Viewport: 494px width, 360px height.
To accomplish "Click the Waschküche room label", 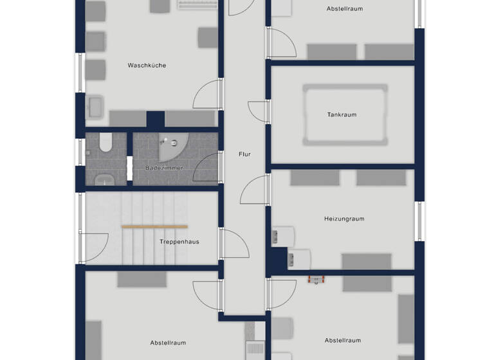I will click(x=147, y=65).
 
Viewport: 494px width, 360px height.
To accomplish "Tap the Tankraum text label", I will click(x=342, y=114).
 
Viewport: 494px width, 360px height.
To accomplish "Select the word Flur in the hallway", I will click(x=244, y=154).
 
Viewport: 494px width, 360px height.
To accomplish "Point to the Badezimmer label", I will click(x=164, y=168).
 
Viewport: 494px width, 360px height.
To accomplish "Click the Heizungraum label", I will click(x=344, y=219).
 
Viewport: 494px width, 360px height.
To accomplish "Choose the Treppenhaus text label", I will click(x=179, y=242).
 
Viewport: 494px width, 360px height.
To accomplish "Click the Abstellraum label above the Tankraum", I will click(x=345, y=8).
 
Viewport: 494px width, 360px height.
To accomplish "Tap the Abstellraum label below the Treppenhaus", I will click(x=169, y=343).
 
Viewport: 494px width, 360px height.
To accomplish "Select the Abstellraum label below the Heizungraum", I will click(x=343, y=340).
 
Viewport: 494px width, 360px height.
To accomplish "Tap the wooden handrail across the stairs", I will click(x=154, y=226).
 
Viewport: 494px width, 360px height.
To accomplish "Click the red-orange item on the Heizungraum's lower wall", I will click(x=316, y=278).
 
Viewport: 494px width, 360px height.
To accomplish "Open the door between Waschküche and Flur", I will click(x=207, y=94).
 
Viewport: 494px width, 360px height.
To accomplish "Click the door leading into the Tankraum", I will click(x=259, y=111).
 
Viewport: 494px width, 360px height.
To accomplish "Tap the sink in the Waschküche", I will click(x=95, y=106).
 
